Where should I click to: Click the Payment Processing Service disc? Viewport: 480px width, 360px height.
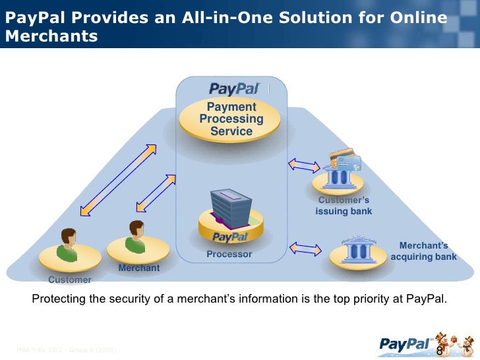[x=231, y=120]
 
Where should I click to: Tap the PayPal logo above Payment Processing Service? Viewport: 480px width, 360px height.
[x=235, y=88]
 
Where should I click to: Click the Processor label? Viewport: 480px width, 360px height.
[x=229, y=254]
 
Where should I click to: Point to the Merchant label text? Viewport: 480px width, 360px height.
[x=139, y=268]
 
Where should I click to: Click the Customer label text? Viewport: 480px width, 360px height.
[x=70, y=280]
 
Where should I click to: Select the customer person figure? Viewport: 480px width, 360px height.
[x=69, y=245]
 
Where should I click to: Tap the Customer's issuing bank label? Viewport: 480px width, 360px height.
[x=344, y=206]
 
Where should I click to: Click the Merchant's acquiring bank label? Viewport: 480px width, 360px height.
[x=423, y=251]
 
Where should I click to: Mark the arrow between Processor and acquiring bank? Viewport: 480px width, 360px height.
[x=305, y=249]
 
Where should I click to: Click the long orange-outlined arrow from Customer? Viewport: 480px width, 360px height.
[x=117, y=179]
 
